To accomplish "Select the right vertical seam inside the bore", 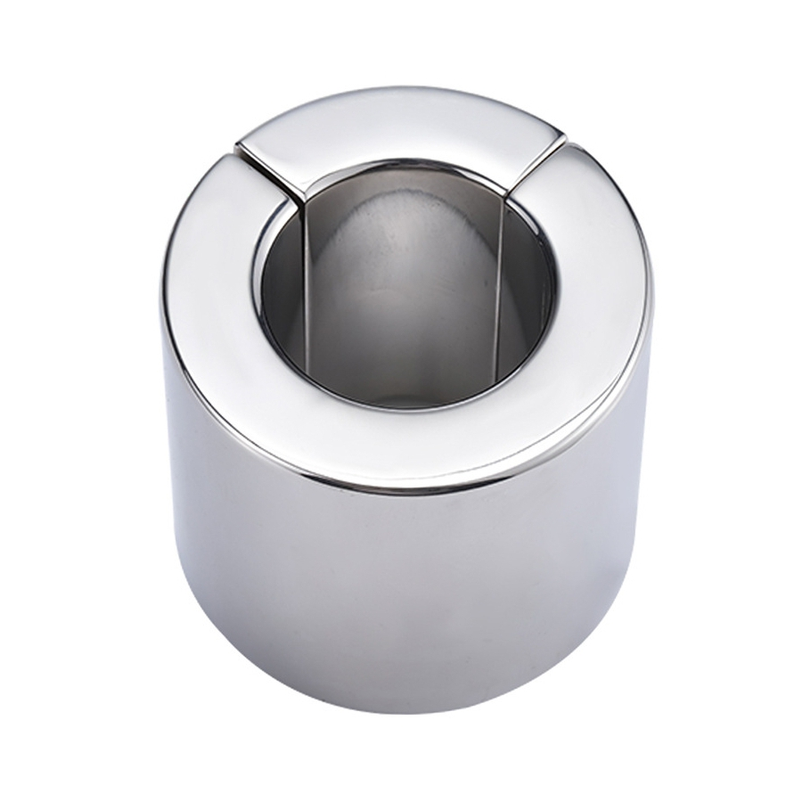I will [503, 267].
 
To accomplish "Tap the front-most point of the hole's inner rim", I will [401, 408].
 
